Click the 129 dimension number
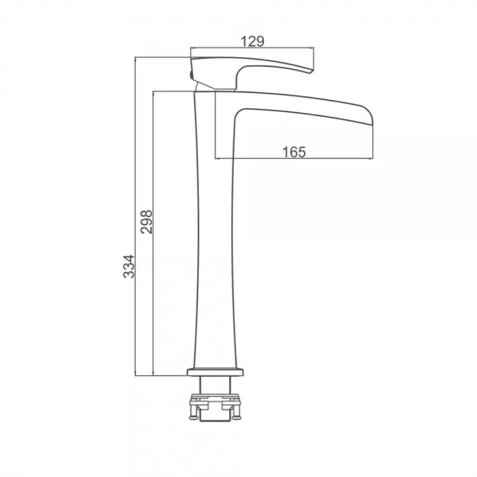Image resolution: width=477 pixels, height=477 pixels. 252,41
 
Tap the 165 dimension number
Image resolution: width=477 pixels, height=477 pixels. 294,152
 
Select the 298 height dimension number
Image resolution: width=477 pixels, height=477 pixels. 146,222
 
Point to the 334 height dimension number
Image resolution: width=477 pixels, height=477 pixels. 129,266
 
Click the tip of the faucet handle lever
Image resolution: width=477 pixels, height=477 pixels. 311,72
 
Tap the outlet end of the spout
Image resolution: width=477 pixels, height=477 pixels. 371,119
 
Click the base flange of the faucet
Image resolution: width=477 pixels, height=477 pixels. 215,372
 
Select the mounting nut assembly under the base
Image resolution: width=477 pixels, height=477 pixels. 215,407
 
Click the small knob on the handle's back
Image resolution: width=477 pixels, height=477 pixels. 191,75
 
